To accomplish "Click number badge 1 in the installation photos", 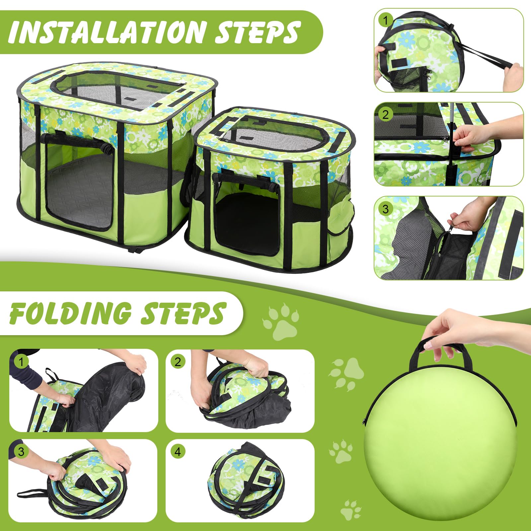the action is pos(385,20).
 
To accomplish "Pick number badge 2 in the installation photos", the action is pos(385,114).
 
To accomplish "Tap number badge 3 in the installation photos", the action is pos(385,209).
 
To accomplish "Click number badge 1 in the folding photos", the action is pos(21,361).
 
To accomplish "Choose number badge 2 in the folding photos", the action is pos(178,361).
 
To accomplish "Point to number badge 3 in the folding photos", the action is pos(21,452).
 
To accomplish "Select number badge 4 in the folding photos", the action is pos(178,452).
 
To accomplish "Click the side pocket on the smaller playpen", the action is pos(340,216).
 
